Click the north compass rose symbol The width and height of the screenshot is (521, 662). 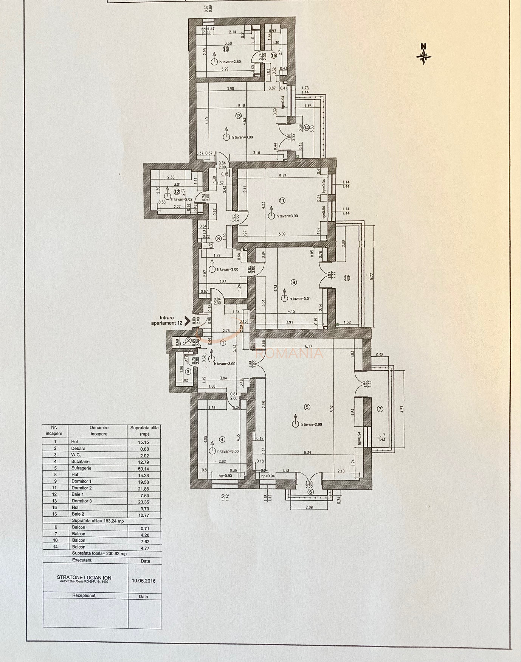coord(423,56)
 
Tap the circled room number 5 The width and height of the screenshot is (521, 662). coord(307,407)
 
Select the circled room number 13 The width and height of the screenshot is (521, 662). coord(238,116)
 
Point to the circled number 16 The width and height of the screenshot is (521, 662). coord(226,49)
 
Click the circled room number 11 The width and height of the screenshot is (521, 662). coord(282,200)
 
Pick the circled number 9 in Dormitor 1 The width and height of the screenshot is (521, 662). coord(294,282)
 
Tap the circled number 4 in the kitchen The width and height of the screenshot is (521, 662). coord(222,439)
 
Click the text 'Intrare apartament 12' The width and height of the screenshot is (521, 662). coord(167,320)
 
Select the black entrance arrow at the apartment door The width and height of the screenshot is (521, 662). coord(187,321)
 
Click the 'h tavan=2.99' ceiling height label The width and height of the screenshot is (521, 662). coord(311,424)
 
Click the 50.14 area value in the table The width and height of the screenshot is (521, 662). coord(143,468)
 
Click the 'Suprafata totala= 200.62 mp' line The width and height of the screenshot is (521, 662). coord(99,553)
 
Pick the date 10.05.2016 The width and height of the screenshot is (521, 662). coord(144,581)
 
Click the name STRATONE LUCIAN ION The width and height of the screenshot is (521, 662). coord(84,578)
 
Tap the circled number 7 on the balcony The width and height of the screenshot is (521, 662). coord(380,409)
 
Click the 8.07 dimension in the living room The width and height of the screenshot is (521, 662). coord(332,409)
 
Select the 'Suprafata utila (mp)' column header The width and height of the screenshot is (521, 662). coord(144,431)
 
